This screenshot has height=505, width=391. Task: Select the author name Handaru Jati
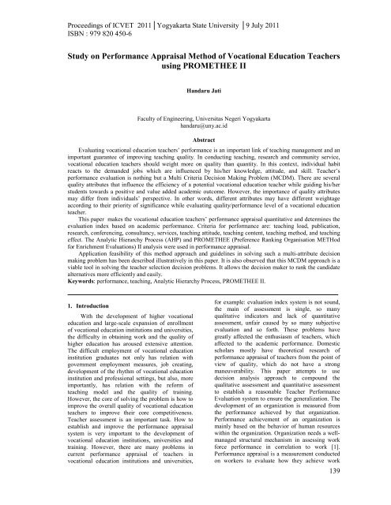click(x=195, y=93)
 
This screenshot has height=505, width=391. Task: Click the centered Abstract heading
click(x=195, y=139)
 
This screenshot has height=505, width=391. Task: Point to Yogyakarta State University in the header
click(x=197, y=9)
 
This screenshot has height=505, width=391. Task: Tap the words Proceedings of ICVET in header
click(x=49, y=9)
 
